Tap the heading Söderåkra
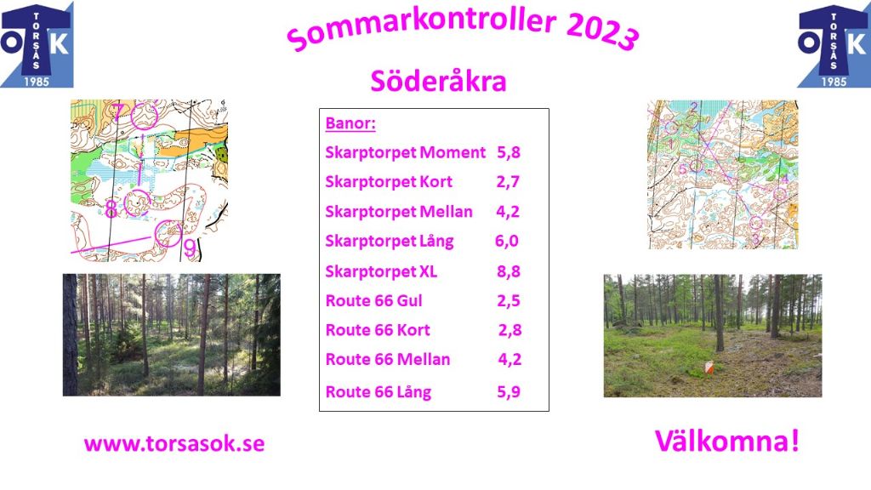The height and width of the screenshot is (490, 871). click(438, 81)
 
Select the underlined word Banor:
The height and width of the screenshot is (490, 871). click(350, 122)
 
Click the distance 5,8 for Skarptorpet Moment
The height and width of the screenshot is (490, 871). click(509, 152)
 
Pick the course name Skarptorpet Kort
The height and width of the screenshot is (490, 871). click(389, 182)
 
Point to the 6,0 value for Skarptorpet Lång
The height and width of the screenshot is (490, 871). click(507, 241)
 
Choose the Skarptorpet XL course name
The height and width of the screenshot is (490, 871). click(381, 271)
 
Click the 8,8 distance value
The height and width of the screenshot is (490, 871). click(509, 271)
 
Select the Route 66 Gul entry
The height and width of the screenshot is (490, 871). click(374, 300)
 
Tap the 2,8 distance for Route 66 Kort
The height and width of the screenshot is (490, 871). click(510, 330)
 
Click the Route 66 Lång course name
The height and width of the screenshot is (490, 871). click(379, 392)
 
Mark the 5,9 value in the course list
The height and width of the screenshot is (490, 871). click(509, 391)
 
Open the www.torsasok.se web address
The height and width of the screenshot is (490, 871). click(174, 444)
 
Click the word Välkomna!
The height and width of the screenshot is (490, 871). click(727, 442)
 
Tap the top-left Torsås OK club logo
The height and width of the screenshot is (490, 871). click(37, 44)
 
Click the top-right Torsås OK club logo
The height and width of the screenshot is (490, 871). click(834, 44)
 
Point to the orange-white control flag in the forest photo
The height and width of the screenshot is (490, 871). click(709, 367)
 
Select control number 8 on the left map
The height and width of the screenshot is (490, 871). click(111, 209)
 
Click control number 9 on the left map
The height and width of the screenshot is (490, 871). click(190, 248)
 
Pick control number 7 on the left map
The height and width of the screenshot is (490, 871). click(117, 111)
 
